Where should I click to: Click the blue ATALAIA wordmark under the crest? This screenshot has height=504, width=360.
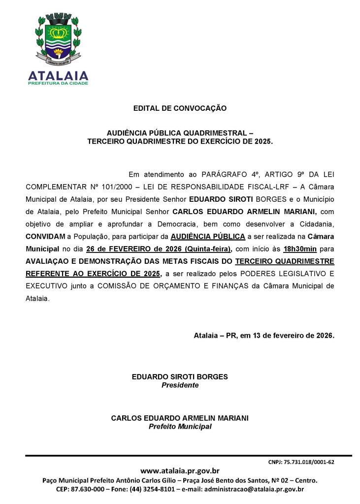coord(58,75)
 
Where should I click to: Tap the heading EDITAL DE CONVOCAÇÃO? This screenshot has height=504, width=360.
coord(180,108)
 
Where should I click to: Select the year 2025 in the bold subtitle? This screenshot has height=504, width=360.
coord(263,141)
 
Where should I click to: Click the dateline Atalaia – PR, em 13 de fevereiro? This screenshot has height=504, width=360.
coord(264,336)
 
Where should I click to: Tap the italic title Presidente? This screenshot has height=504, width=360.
coord(180,385)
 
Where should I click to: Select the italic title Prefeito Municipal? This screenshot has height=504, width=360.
coord(180,426)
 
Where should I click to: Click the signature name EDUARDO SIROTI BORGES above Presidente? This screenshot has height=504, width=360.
coord(180,377)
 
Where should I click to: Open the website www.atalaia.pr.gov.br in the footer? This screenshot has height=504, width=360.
coord(180,471)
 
